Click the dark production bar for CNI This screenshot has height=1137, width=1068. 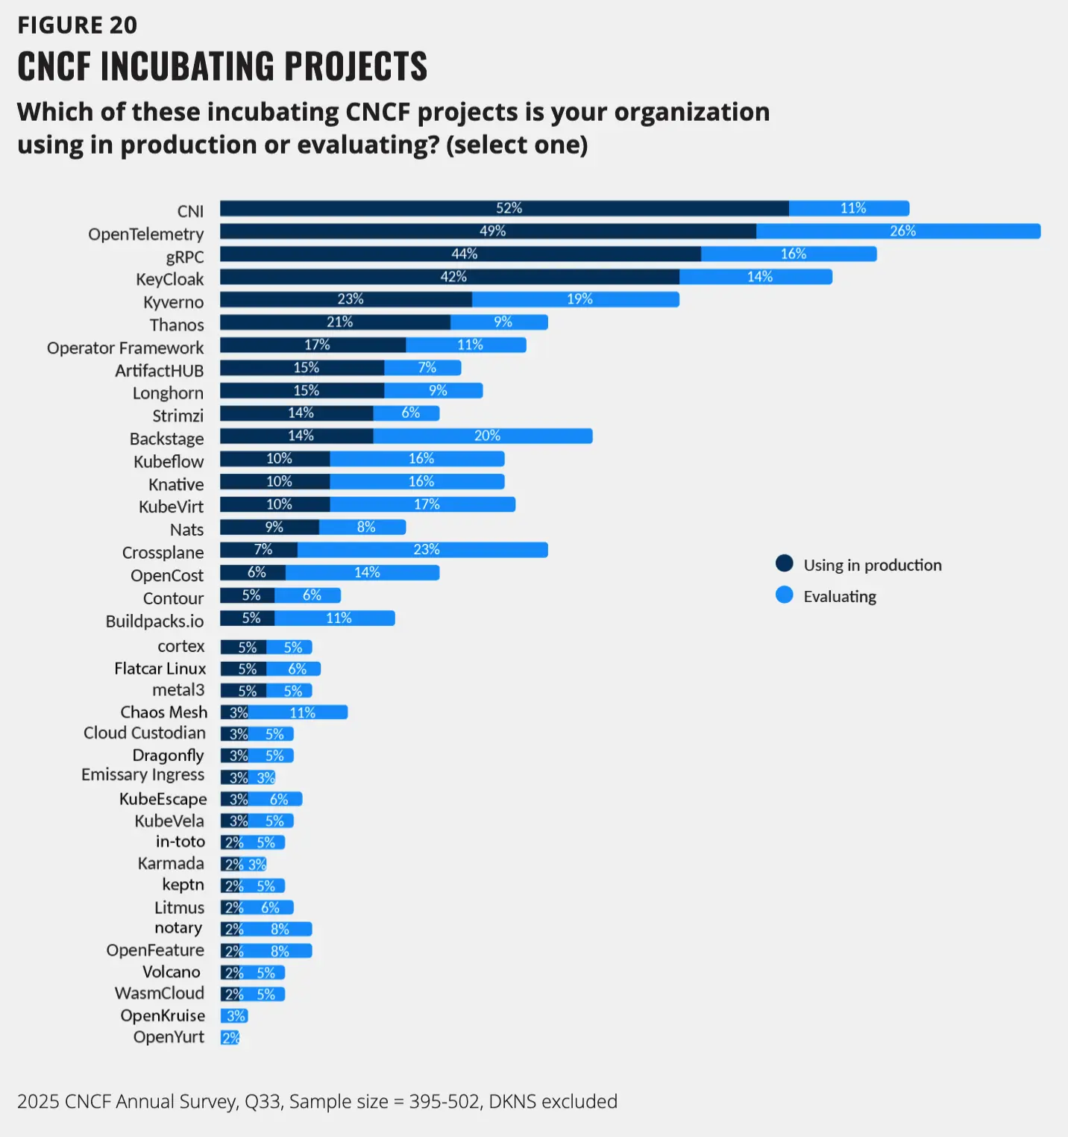coord(504,208)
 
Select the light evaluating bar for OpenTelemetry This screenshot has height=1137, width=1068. coord(898,231)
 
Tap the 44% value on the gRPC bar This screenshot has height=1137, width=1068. coord(464,254)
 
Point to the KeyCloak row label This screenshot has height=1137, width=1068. coord(169,279)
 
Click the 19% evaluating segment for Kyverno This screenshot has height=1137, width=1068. coord(576,299)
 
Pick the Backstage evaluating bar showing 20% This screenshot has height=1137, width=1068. coord(483,436)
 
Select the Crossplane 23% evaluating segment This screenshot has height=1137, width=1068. coord(422,550)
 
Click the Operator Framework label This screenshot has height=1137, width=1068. coord(125,348)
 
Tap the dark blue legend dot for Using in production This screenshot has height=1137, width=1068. coord(784,563)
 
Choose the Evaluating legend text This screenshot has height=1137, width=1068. coord(840,596)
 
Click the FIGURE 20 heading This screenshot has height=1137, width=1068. coord(78,25)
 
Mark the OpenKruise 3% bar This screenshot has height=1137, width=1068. coord(234,1016)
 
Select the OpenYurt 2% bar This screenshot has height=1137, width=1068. coord(230,1038)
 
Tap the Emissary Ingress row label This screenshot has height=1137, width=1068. coord(142,775)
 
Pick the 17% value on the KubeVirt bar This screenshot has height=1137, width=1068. coord(427,504)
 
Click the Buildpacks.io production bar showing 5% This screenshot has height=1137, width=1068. coord(248,618)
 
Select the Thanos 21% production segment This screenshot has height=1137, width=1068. coord(336,322)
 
